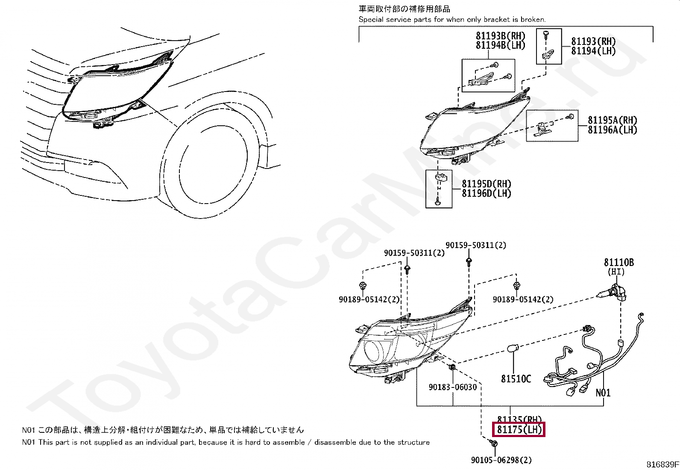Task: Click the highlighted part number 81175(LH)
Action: pyautogui.click(x=519, y=429)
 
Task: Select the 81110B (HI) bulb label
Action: pyautogui.click(x=618, y=263)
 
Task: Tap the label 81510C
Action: pyautogui.click(x=516, y=379)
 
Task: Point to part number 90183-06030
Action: pyautogui.click(x=452, y=387)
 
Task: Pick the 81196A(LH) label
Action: pyautogui.click(x=612, y=130)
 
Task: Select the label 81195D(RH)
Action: pyautogui.click(x=487, y=184)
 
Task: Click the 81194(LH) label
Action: pyautogui.click(x=593, y=50)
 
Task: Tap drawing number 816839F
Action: pyautogui.click(x=662, y=464)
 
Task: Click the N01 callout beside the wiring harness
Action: pyautogui.click(x=603, y=393)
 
